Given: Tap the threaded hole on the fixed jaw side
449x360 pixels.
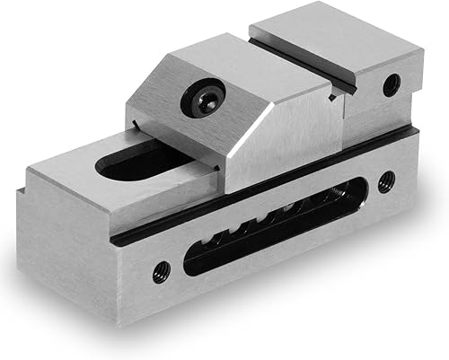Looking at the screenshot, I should [x=390, y=85].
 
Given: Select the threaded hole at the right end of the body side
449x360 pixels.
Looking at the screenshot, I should [x=385, y=180].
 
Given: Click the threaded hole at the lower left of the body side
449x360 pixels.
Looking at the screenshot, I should [x=161, y=271].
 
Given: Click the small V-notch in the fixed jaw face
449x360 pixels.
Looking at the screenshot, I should [x=347, y=87].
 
